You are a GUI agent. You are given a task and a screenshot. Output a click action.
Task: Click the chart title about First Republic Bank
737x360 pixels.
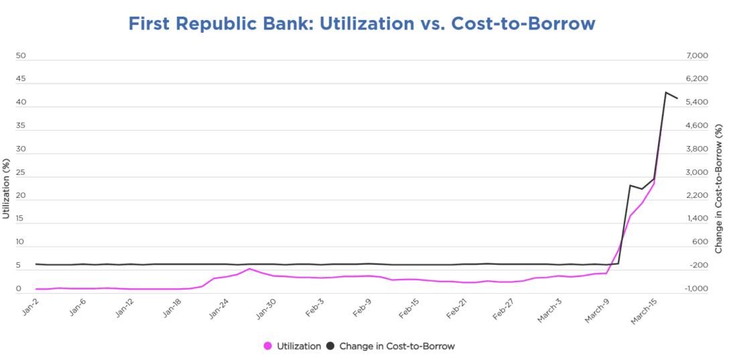[362, 23]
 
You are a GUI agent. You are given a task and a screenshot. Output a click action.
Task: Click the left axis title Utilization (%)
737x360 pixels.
[6, 188]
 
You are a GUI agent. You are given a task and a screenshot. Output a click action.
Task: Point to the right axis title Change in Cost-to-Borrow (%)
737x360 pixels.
[719, 188]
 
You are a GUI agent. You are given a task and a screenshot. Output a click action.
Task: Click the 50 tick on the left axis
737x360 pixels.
[21, 56]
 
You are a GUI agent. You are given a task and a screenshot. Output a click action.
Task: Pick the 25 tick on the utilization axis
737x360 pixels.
[21, 172]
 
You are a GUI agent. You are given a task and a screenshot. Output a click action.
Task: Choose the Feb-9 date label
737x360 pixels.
[362, 309]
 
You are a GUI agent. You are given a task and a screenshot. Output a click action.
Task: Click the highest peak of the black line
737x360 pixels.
[665, 93]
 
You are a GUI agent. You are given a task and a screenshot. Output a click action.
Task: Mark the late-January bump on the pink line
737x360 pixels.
[249, 269]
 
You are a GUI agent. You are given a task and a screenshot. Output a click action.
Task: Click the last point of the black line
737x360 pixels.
[677, 99]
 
